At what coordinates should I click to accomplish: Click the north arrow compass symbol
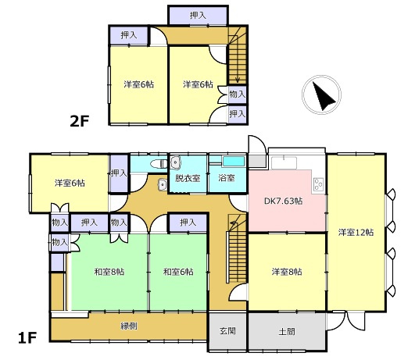coord(321,94)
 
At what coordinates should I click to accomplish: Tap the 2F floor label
coord(80,121)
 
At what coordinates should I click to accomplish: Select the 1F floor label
coord(27,338)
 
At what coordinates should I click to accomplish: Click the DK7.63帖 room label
coord(284,201)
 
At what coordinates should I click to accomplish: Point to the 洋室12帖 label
coord(356,232)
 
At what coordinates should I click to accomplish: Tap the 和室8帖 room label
coord(109,272)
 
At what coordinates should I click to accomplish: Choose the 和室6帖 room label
coord(178,272)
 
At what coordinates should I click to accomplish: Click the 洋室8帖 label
coord(287,272)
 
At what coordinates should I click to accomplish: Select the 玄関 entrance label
coord(227,331)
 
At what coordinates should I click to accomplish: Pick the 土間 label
coord(287,331)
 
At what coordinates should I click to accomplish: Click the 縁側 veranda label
coord(129,326)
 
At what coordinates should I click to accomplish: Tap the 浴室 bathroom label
coord(227,178)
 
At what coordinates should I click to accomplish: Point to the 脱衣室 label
coord(188,178)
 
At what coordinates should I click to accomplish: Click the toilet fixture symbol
coord(159,164)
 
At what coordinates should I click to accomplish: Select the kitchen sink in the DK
coord(284,163)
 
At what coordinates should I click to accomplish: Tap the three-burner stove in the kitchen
coord(319,184)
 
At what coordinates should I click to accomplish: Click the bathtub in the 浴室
coord(234,161)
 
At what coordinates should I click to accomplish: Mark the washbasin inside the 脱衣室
coord(176,162)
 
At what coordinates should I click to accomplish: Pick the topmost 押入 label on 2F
coord(198,16)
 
